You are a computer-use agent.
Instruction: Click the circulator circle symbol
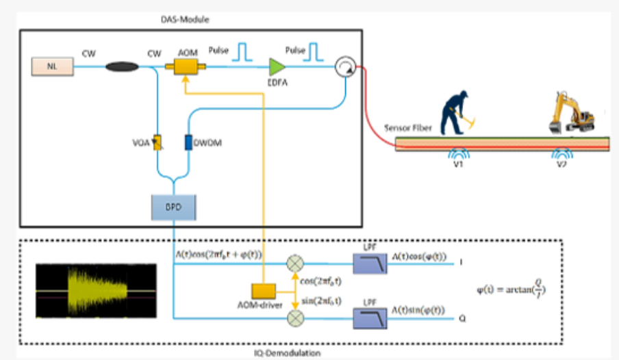click(x=343, y=66)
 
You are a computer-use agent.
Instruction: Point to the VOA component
click(x=157, y=142)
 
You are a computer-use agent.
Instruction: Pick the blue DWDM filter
click(x=188, y=142)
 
